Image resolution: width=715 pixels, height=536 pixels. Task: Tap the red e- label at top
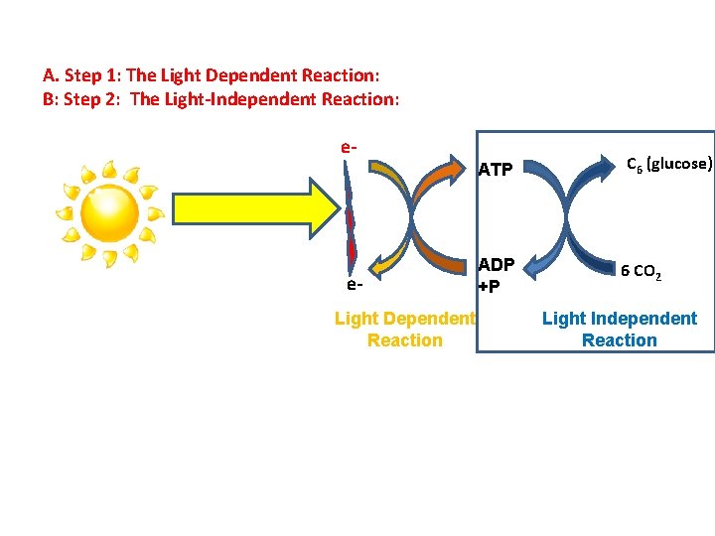[349, 148]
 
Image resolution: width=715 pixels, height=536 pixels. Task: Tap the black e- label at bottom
[355, 285]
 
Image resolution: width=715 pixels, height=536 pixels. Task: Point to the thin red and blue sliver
[350, 223]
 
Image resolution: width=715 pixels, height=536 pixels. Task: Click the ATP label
[495, 170]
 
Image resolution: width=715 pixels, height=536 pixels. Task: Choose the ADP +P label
[496, 275]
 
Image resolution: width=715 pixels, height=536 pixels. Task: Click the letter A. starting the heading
[50, 75]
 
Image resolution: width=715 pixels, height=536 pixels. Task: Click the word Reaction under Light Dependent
[404, 340]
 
